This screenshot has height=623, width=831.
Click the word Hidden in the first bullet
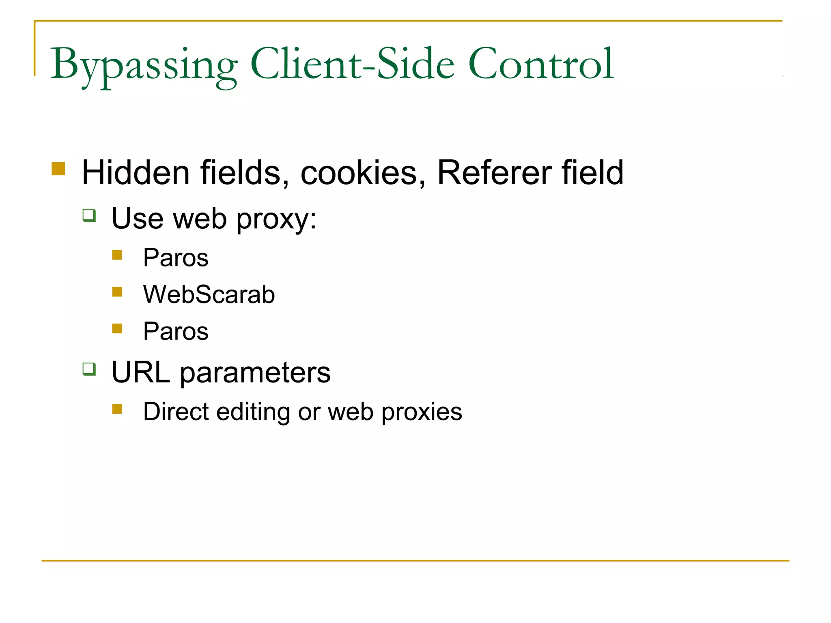coord(136,172)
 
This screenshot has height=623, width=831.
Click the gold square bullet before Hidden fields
coord(58,169)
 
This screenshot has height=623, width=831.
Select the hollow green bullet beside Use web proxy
coord(89,215)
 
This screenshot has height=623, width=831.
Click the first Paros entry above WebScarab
coord(176,258)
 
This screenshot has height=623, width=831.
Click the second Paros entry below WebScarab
coord(176,331)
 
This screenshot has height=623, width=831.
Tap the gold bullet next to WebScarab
coord(117,292)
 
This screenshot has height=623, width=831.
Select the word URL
coord(140,372)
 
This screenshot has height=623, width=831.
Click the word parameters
coord(255,373)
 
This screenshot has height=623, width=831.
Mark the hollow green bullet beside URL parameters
coord(89,369)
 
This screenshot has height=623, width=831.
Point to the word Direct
coord(176,412)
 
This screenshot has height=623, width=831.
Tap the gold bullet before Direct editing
coord(117,409)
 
